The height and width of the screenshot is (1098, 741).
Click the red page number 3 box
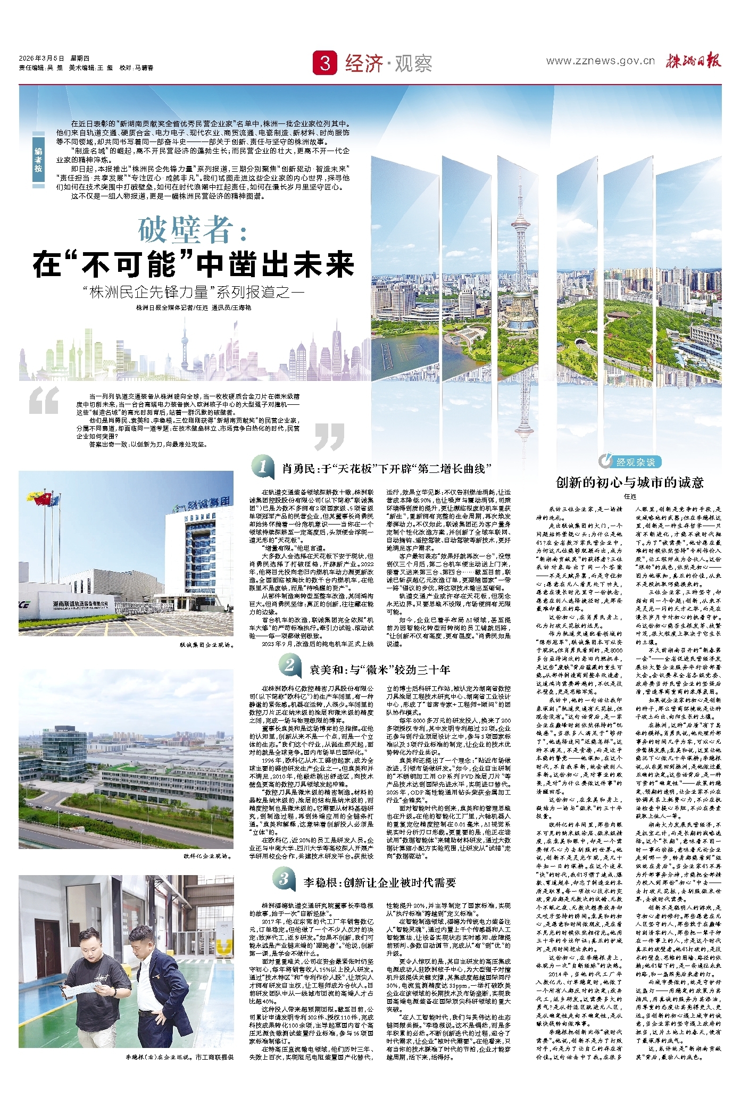coord(325,63)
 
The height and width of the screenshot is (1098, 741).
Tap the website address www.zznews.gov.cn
coord(600,61)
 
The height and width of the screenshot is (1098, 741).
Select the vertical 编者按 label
coord(38,160)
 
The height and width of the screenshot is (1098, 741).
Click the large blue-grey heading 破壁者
coord(193,230)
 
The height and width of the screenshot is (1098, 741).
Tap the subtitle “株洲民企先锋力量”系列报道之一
coord(194,292)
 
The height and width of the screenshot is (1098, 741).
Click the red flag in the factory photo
coord(46,498)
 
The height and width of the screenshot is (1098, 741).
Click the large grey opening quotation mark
coord(44,401)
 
